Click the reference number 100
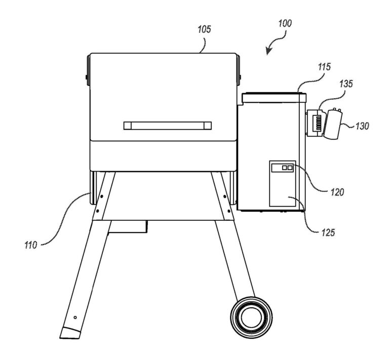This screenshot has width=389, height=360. (284, 24)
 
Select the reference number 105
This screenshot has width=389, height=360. (204, 30)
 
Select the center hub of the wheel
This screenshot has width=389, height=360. (250, 317)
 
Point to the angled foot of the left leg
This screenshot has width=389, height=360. (70, 332)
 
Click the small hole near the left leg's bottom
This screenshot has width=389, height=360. (75, 317)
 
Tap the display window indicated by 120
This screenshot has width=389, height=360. (282, 167)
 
